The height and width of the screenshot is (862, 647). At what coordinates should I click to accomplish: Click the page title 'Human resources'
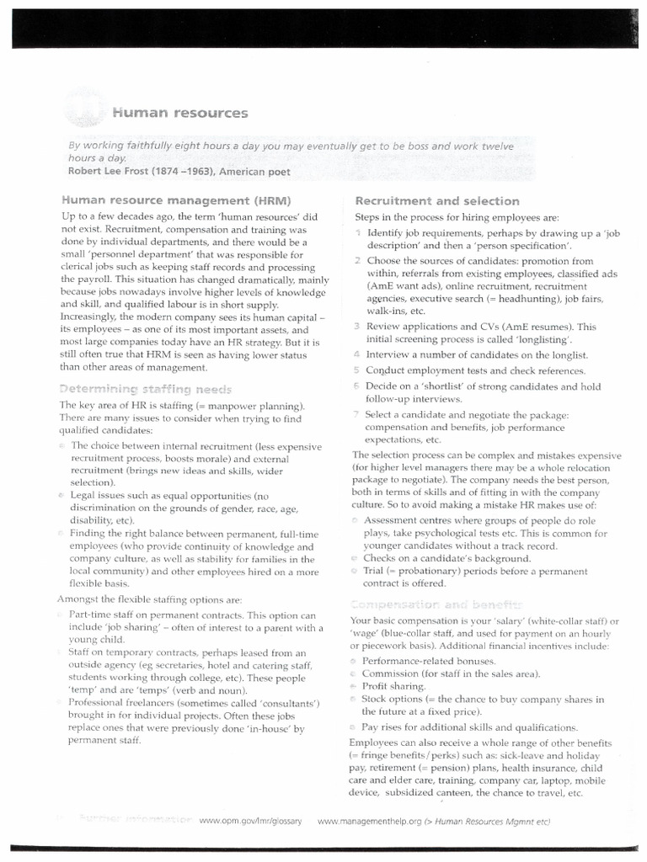coord(175,113)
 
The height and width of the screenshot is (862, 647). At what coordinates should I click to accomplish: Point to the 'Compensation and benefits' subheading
coord(436,604)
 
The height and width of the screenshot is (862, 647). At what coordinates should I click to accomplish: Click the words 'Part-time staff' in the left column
coord(108,615)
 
